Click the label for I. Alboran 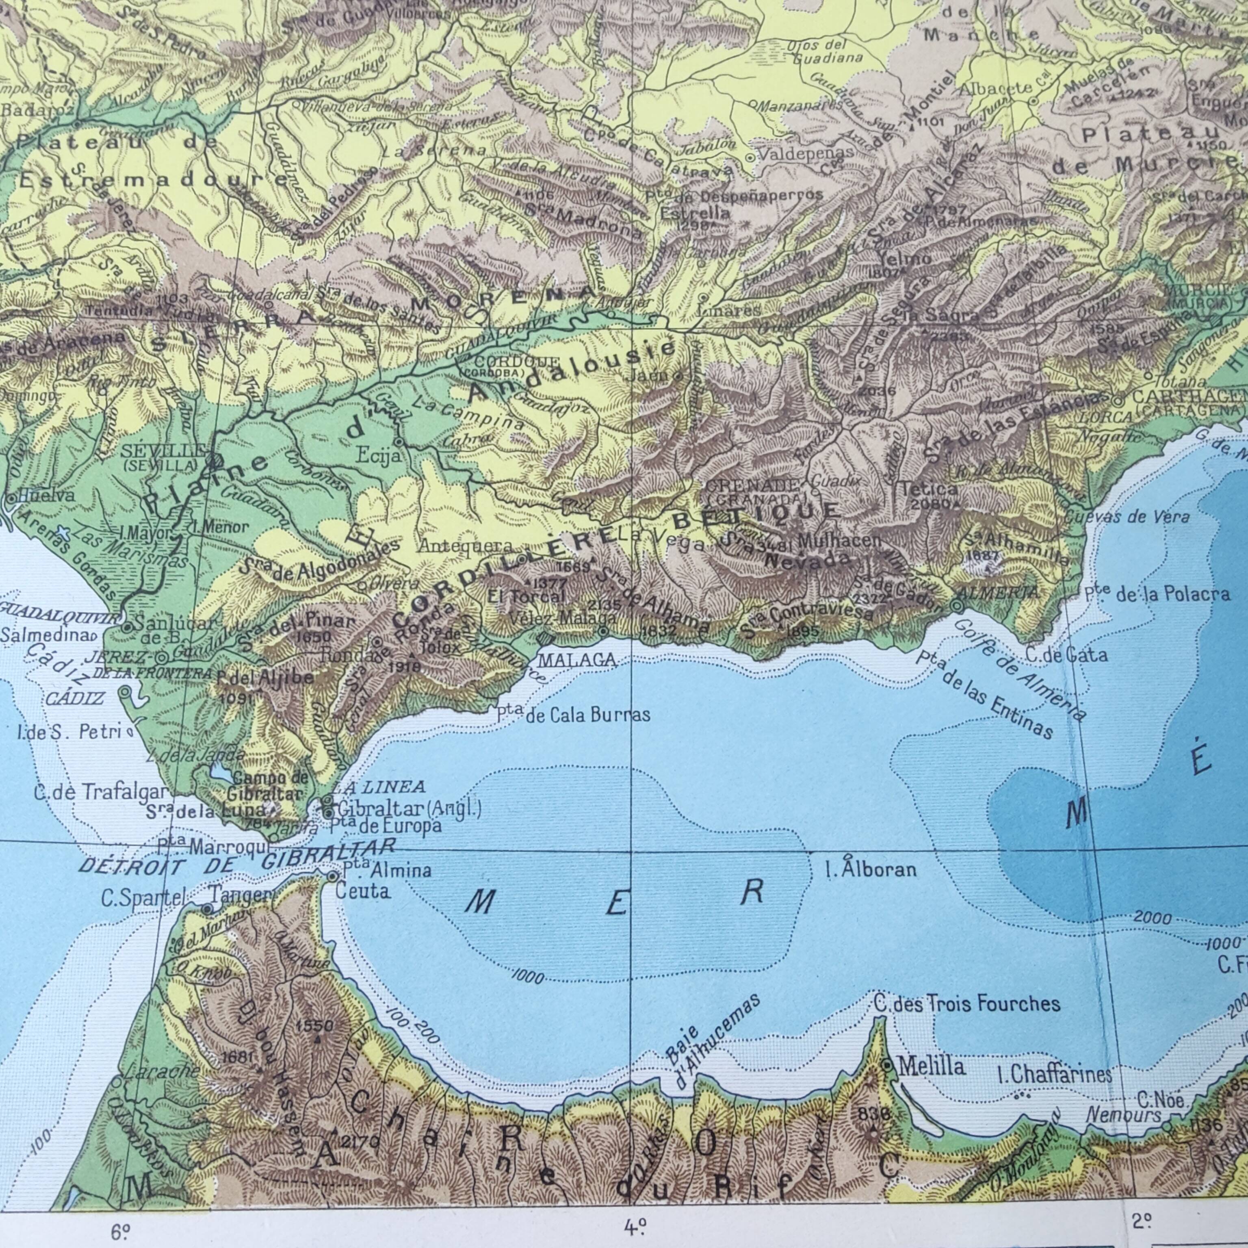coord(871,869)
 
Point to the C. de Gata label coord(1066,655)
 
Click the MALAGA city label coord(577,660)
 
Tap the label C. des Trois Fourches coord(966,1003)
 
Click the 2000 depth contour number coord(1153,918)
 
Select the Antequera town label coord(466,546)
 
